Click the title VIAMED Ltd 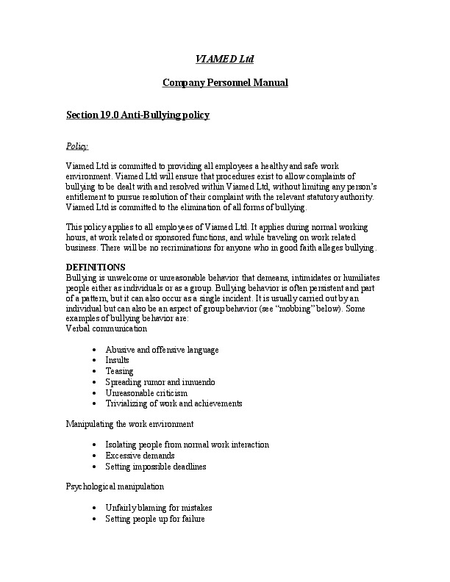click(x=224, y=58)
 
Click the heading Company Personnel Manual click(x=224, y=82)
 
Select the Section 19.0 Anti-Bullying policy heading click(x=138, y=115)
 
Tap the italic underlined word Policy click(x=77, y=146)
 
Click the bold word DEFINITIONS click(x=96, y=266)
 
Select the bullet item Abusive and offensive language click(x=162, y=349)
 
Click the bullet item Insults click(x=118, y=360)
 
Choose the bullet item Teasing click(x=119, y=371)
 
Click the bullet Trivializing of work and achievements click(x=174, y=403)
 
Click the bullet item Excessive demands click(x=138, y=456)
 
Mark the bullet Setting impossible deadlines click(x=156, y=467)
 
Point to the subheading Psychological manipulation click(x=115, y=486)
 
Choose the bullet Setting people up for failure click(x=154, y=519)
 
